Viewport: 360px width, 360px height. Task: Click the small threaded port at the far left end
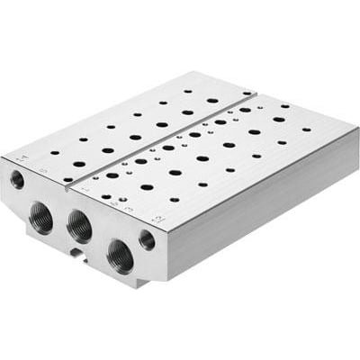pos(17,179)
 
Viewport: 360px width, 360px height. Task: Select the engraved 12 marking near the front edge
pos(157,216)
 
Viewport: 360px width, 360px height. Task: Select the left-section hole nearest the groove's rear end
pos(246,92)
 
